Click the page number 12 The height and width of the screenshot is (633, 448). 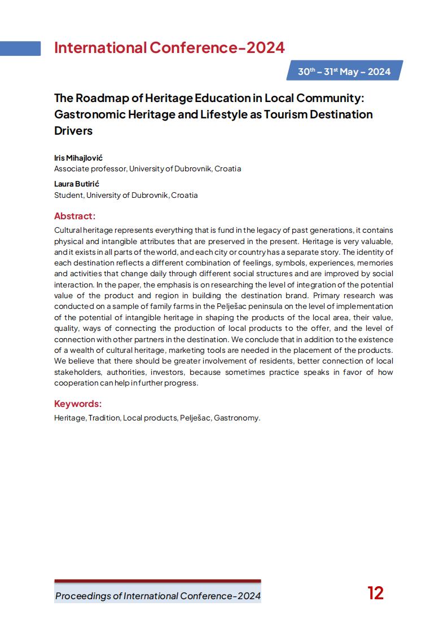375,593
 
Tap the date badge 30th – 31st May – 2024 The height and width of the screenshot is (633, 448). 344,72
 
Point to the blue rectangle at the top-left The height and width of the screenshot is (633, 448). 20,48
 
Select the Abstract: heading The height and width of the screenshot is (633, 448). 74,216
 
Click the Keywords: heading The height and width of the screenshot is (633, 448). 78,404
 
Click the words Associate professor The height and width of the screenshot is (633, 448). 90,169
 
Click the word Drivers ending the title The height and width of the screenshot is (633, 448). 73,131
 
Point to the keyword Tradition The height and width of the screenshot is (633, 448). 104,418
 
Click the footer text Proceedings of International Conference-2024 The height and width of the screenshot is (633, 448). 158,596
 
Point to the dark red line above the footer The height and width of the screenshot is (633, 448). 157,581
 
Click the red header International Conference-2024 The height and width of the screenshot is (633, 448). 169,48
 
